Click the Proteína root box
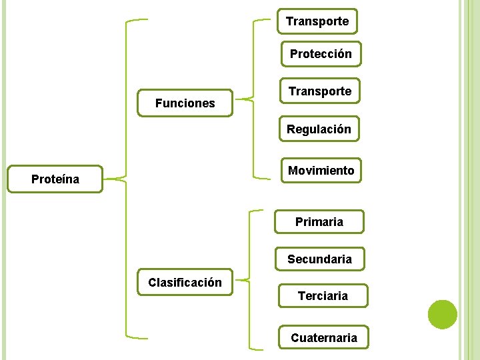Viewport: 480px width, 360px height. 55,179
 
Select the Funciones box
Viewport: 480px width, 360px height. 185,103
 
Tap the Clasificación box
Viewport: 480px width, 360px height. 185,283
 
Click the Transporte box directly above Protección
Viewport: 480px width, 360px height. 317,21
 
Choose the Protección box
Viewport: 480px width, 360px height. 321,54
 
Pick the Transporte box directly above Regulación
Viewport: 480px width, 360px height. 320,91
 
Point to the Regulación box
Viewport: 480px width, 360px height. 319,129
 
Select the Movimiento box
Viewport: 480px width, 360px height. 321,171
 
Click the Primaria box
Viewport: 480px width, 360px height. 319,222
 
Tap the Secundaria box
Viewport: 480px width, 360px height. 319,259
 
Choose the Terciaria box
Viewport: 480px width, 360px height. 323,295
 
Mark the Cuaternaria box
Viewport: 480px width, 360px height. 323,338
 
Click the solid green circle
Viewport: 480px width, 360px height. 442,315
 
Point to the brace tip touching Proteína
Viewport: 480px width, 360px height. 107,179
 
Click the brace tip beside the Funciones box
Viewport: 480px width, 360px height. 237,101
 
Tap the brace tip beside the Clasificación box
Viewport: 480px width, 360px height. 237,280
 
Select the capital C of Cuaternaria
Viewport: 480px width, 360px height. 295,338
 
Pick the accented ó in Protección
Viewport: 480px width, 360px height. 339,54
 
